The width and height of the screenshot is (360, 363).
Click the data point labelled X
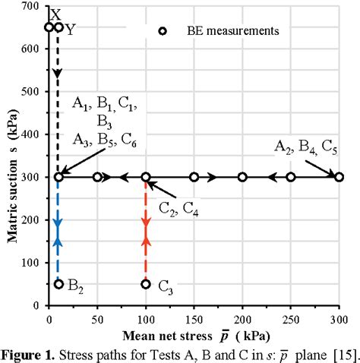(49, 27)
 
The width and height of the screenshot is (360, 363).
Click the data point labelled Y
(58, 27)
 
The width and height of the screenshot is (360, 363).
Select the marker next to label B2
(58, 284)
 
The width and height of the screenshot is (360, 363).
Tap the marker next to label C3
(146, 284)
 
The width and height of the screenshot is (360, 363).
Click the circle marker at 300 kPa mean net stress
(339, 177)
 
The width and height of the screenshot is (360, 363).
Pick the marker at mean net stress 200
(242, 177)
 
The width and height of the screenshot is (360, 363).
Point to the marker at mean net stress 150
(194, 177)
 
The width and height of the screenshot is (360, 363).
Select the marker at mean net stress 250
(291, 177)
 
